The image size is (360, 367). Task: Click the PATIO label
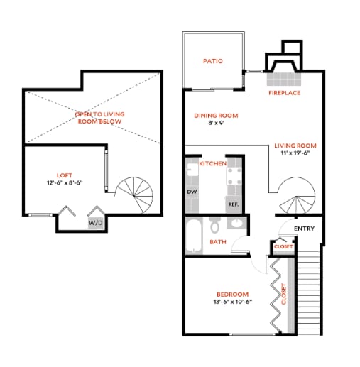tap(212, 61)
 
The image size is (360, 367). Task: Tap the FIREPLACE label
tap(284, 93)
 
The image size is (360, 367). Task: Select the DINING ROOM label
tap(216, 115)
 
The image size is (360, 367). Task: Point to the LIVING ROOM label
tap(294, 146)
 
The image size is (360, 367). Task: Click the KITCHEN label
tap(212, 164)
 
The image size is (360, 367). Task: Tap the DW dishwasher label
tap(192, 192)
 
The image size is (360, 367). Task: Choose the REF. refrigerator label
tap(232, 204)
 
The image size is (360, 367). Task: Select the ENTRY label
tap(304, 229)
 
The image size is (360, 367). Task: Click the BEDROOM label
tap(232, 295)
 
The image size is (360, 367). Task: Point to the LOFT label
tap(65, 175)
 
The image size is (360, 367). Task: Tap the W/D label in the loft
tap(94, 222)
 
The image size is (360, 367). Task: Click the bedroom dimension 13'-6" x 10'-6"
tap(232, 302)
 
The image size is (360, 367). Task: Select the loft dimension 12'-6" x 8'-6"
tap(65, 182)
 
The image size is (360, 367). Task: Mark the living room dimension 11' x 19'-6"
tap(294, 154)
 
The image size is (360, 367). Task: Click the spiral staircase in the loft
tap(134, 194)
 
